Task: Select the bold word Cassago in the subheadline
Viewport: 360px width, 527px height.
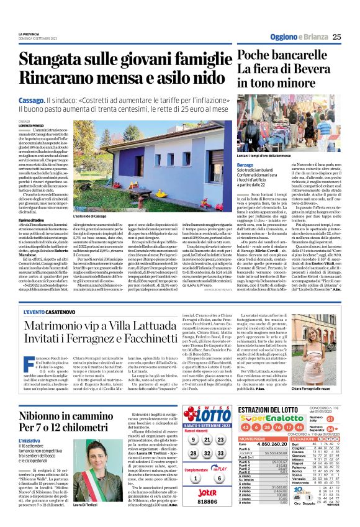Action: click(30, 99)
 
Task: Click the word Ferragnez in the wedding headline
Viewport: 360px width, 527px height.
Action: click(111, 364)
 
